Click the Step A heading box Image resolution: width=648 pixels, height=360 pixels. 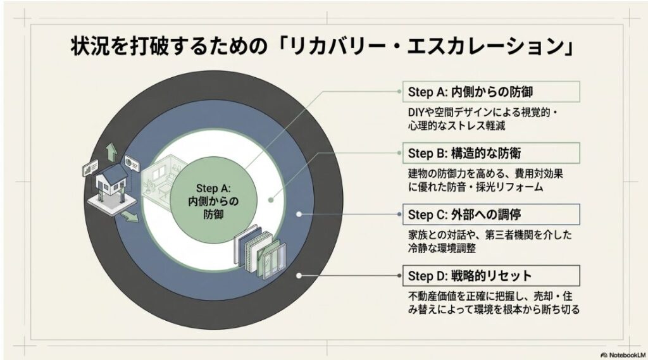pos(491,92)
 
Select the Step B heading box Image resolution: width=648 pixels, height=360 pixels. pos(491,153)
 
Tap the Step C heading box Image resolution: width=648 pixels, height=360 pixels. pos(491,214)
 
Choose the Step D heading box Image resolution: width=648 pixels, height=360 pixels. pos(491,276)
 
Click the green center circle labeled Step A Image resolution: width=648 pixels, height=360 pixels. pos(213,201)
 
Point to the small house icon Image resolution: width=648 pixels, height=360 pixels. pos(111,186)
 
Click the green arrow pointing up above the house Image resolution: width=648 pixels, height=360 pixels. pos(111,152)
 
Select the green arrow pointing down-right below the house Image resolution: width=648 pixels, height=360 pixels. pos(130,216)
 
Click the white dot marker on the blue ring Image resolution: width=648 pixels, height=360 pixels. pos(299,214)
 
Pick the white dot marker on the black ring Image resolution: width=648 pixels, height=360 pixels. pos(299,276)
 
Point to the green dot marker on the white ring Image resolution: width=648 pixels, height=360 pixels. pos(271,200)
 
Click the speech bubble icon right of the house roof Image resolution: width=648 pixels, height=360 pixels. pos(132,163)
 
